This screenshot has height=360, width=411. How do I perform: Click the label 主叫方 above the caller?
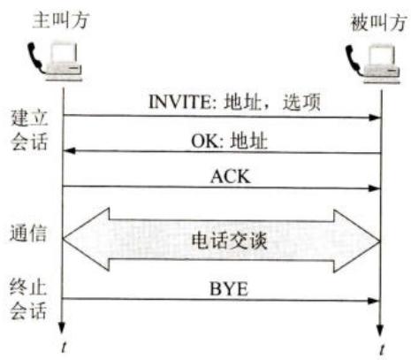tap(60, 20)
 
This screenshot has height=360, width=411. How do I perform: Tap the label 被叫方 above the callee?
tap(379, 22)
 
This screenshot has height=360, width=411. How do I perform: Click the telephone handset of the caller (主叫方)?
tap(36, 57)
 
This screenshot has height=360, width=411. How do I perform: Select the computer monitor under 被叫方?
tap(382, 56)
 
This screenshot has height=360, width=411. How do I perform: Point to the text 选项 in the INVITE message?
tap(301, 103)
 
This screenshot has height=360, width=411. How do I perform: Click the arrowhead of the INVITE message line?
tap(375, 118)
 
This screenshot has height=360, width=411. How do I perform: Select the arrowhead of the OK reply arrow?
tap(70, 150)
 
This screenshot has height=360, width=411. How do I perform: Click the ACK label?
tap(231, 176)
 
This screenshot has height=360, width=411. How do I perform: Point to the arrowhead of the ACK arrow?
tap(375, 188)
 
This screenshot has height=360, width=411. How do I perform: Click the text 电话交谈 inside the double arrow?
tap(230, 241)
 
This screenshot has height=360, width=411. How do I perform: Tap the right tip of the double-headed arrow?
tap(380, 241)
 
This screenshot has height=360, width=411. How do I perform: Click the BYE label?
tap(229, 289)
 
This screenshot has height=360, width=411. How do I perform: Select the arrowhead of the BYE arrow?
tap(374, 301)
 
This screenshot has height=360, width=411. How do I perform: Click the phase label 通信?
tap(28, 234)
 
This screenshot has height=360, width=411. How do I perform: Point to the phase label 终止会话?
tap(28, 299)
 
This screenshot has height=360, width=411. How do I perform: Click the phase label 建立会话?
tap(29, 130)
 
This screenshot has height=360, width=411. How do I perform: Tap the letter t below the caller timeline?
tap(64, 347)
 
